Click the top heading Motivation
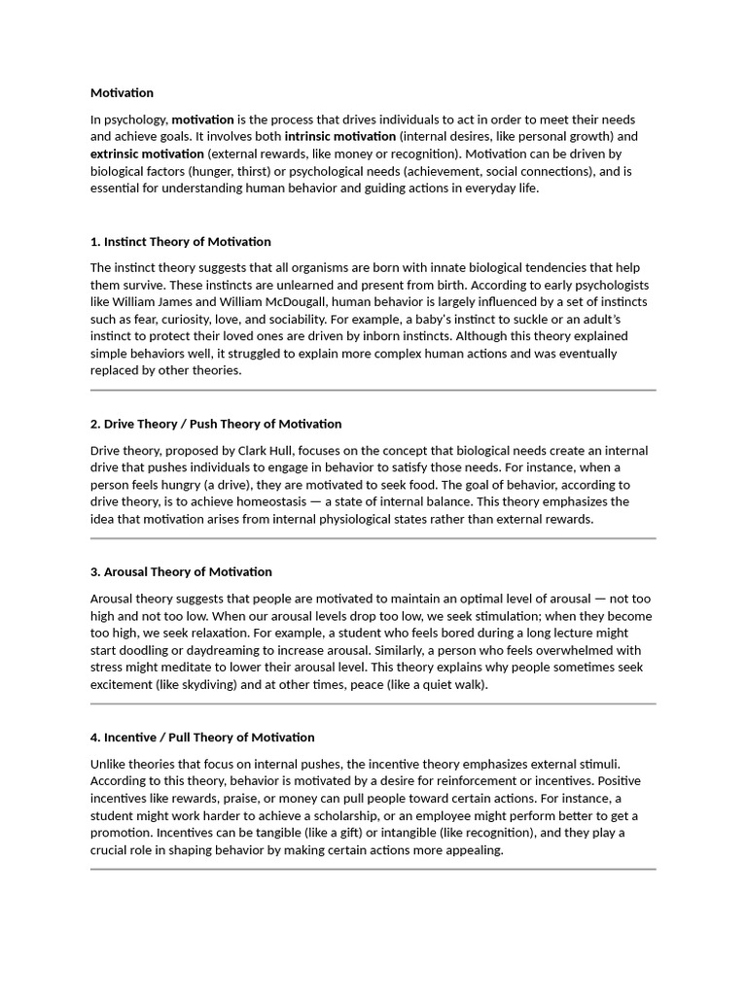122,93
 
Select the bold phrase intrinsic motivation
339,137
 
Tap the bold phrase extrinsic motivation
147,154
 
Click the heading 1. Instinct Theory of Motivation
180,242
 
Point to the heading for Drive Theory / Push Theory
216,424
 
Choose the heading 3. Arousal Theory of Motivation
181,572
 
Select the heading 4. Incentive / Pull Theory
202,738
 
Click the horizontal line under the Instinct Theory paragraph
373,390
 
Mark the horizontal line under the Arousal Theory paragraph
373,703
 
